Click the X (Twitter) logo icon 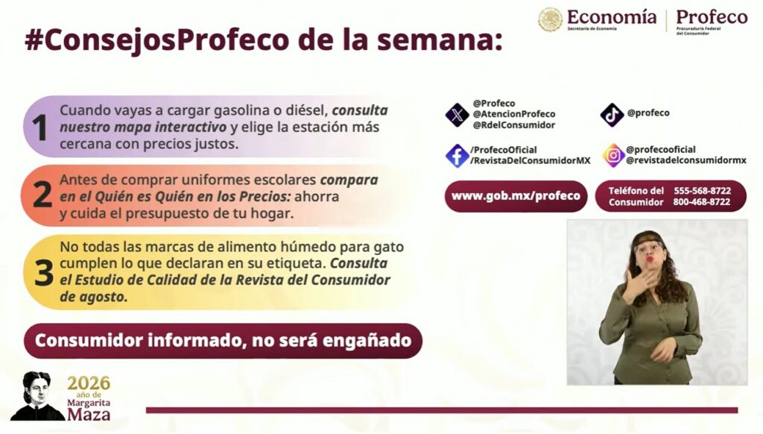457,115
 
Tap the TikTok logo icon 612,115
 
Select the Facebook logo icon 457,156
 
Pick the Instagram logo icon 614,155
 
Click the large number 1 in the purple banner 39,128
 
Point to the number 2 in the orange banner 42,195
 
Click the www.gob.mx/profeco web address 516,196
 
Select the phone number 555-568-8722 702,190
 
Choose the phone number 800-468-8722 702,201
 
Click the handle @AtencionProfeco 514,114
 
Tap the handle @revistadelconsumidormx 686,160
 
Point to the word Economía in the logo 612,18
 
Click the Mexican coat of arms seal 551,20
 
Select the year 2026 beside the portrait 89,383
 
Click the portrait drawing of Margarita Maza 37,396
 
